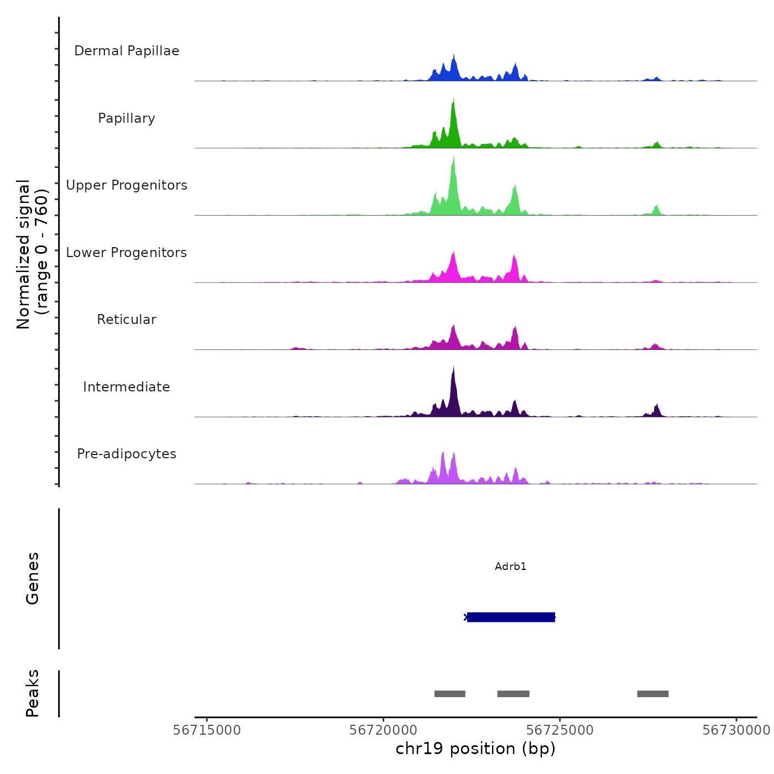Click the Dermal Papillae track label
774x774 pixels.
(x=127, y=51)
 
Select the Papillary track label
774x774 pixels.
(x=127, y=118)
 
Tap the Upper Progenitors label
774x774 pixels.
(x=127, y=185)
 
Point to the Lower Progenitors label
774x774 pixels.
(x=127, y=253)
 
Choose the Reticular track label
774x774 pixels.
(x=127, y=320)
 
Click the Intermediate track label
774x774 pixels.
(x=127, y=387)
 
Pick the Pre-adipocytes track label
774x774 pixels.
(x=127, y=454)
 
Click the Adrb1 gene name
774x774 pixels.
(x=510, y=567)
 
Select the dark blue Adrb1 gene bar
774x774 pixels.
(x=511, y=617)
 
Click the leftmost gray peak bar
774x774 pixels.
(x=449, y=694)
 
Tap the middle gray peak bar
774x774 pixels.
(x=513, y=694)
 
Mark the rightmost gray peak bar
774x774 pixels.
(x=652, y=694)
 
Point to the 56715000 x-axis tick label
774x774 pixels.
(x=207, y=730)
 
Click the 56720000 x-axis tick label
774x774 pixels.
(x=383, y=730)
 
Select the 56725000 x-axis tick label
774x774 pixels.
(x=559, y=730)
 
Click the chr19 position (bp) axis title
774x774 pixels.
(x=475, y=749)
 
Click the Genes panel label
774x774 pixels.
(x=33, y=578)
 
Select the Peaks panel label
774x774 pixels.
(x=33, y=693)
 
